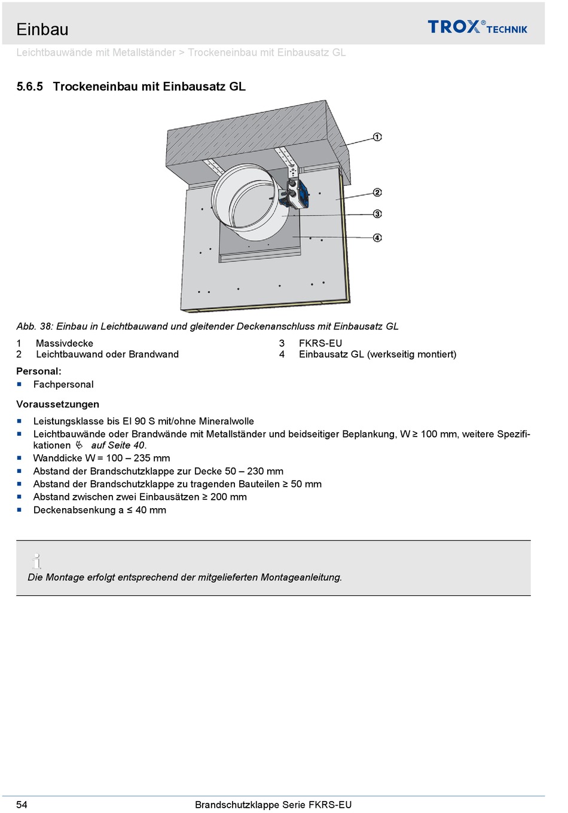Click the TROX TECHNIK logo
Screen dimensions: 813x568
point(477,27)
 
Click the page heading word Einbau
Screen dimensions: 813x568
point(42,29)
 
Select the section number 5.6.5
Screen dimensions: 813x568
point(30,87)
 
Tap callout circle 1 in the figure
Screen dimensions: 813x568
point(377,137)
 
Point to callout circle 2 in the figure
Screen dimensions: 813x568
point(377,192)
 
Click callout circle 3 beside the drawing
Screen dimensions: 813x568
point(377,214)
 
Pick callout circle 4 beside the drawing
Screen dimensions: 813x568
point(377,238)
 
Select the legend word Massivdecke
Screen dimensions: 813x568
point(65,343)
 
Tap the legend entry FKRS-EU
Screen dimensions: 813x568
point(320,343)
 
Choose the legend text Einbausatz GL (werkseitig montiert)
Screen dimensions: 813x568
point(377,354)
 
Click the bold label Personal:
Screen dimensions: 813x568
point(39,371)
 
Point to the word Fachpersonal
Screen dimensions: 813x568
point(63,384)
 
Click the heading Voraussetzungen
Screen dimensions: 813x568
point(58,404)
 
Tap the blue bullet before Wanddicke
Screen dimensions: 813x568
point(19,458)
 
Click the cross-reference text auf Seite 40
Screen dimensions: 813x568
point(118,445)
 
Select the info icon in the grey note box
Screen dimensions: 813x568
point(37,561)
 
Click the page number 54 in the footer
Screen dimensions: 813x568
point(22,805)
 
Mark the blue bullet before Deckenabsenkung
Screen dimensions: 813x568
point(19,510)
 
